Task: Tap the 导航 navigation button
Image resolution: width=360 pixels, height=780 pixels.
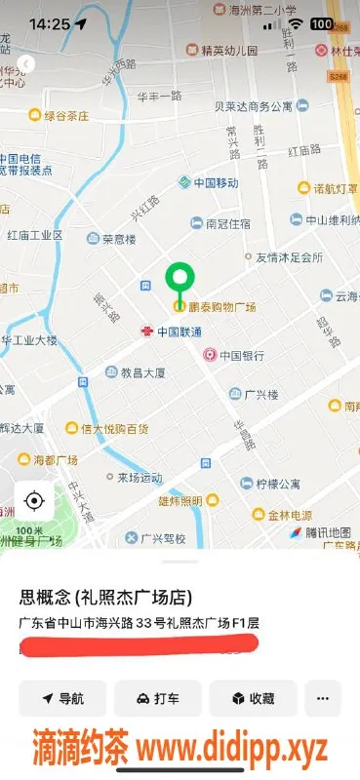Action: tap(61, 698)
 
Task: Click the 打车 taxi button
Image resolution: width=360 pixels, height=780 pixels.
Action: tap(157, 698)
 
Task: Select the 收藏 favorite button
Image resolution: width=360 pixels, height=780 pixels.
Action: tap(252, 698)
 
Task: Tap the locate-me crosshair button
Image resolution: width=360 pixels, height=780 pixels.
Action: tap(34, 501)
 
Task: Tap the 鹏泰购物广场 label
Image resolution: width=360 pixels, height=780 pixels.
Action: tap(221, 307)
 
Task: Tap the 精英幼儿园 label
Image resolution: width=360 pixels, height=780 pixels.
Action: tap(229, 50)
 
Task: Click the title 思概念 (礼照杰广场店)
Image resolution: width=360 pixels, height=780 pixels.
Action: tap(104, 597)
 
